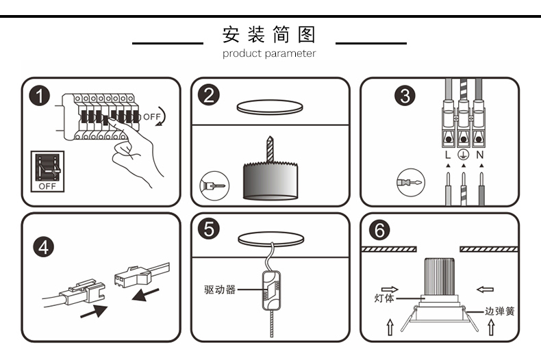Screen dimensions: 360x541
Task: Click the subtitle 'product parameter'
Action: click(x=269, y=53)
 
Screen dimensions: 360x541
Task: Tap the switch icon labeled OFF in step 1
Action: click(x=47, y=171)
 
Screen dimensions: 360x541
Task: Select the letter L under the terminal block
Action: click(x=447, y=155)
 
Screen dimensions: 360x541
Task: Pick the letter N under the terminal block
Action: click(x=480, y=155)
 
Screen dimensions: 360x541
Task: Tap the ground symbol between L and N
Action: click(x=463, y=155)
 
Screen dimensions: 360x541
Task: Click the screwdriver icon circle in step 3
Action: click(x=410, y=183)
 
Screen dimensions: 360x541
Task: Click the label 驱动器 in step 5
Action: click(x=220, y=290)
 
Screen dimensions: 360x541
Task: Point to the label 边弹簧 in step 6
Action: click(x=499, y=311)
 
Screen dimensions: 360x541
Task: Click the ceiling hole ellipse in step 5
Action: click(x=270, y=240)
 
